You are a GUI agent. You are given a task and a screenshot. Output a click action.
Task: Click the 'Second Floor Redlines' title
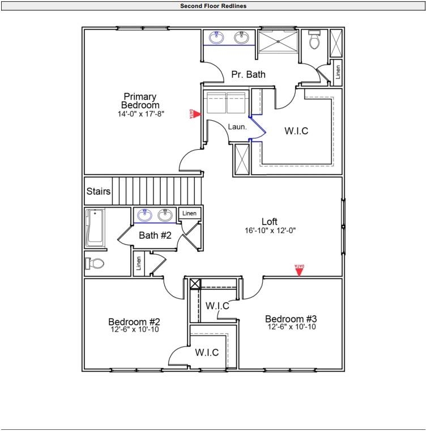pyautogui.click(x=213, y=6)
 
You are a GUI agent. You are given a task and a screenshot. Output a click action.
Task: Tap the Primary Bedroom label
pyautogui.click(x=140, y=100)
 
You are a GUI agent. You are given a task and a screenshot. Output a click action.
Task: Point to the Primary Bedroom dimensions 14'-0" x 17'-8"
pyautogui.click(x=140, y=113)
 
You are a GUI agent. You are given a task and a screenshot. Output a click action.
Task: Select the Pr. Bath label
pyautogui.click(x=248, y=74)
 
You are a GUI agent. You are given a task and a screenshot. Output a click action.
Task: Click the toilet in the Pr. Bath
pyautogui.click(x=315, y=40)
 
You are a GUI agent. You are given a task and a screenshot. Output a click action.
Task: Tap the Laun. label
pyautogui.click(x=237, y=127)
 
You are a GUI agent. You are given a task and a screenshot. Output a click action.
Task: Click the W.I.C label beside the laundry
pyautogui.click(x=296, y=131)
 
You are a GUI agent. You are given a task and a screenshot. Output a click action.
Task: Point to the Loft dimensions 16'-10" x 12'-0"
pyautogui.click(x=271, y=231)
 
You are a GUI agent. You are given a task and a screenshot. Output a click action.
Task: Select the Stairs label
pyautogui.click(x=99, y=192)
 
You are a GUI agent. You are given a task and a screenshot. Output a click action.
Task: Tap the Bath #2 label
pyautogui.click(x=155, y=235)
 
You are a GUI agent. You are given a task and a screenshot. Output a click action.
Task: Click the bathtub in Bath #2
pyautogui.click(x=95, y=228)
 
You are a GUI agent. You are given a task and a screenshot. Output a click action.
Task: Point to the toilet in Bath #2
pyautogui.click(x=95, y=263)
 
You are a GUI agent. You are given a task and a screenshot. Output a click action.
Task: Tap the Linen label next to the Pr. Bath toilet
pyautogui.click(x=338, y=71)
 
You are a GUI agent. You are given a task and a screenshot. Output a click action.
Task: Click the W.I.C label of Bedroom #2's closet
pyautogui.click(x=207, y=352)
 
